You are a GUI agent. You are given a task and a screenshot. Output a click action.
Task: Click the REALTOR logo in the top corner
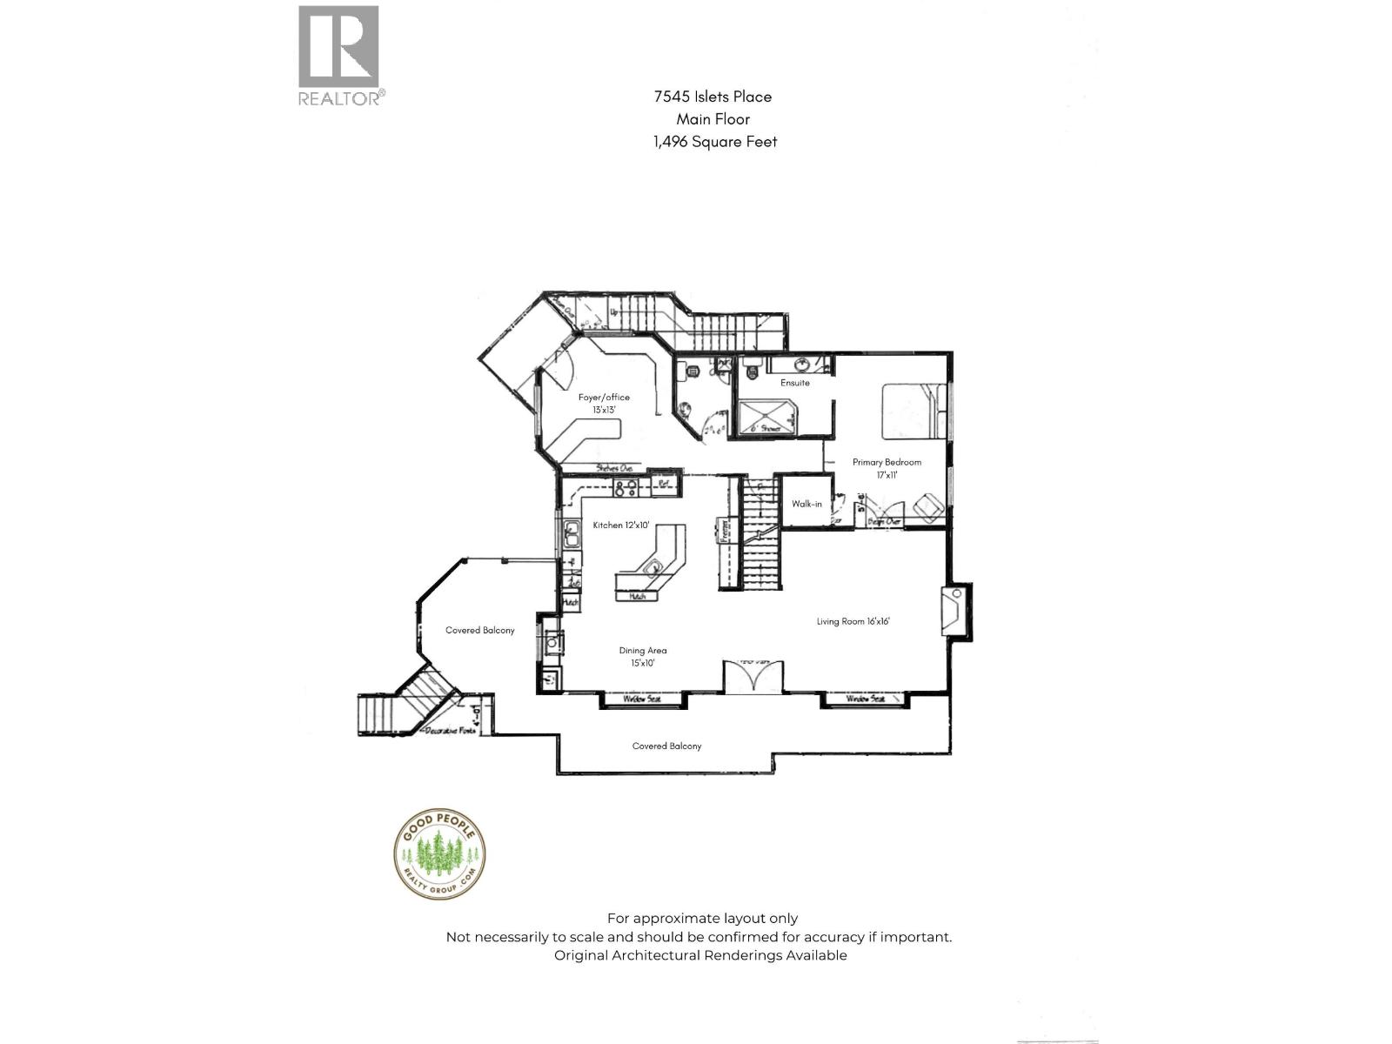[340, 55]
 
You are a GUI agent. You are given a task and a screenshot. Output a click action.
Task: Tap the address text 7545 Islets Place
[713, 97]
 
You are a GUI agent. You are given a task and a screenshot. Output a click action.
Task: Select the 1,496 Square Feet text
[715, 142]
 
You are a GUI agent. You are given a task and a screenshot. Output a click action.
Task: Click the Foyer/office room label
[604, 403]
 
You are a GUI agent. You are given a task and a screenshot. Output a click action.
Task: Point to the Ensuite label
[794, 383]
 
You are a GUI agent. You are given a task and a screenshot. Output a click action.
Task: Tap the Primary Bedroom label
[887, 467]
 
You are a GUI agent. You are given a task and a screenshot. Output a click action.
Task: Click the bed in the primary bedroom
[913, 411]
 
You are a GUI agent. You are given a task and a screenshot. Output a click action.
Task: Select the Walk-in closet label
[806, 504]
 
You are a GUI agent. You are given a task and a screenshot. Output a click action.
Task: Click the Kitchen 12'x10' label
[621, 525]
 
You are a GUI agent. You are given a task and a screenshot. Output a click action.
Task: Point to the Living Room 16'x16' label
[853, 621]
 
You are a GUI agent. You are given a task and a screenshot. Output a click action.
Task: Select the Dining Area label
[643, 656]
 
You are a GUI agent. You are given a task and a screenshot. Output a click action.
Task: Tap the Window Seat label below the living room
[866, 699]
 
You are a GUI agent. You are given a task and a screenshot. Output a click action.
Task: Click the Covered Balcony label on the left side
[479, 630]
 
